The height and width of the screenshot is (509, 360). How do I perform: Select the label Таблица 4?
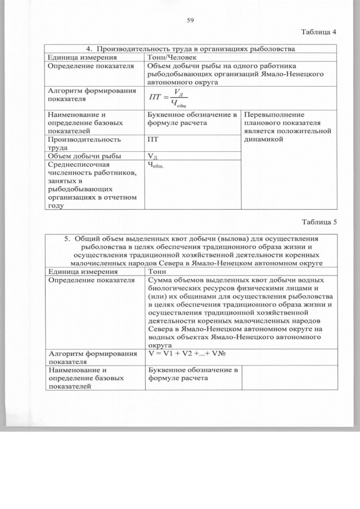pyautogui.click(x=318, y=31)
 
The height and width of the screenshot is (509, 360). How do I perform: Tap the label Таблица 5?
pyautogui.click(x=318, y=221)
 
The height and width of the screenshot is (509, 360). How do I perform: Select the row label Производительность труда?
pyautogui.click(x=84, y=142)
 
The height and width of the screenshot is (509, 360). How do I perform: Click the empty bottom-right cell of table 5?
pyautogui.click(x=288, y=378)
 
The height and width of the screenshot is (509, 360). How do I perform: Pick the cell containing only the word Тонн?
pyautogui.click(x=158, y=271)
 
